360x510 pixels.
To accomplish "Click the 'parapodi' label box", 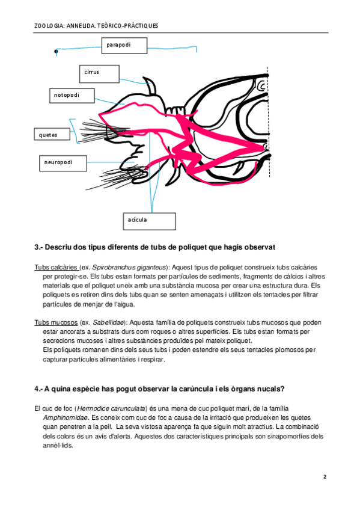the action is [x=124, y=45].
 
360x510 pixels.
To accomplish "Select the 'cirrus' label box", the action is [x=99, y=74].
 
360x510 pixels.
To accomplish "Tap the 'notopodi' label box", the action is [x=72, y=96].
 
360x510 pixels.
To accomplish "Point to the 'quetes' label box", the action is [x=52, y=134].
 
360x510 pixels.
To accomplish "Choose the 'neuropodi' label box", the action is [x=63, y=163].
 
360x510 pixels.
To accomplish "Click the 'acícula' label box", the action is [x=150, y=221].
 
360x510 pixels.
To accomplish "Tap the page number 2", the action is [x=325, y=477].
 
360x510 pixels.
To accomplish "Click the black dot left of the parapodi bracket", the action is [x=56, y=51].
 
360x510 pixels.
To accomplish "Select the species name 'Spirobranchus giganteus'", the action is [x=129, y=268].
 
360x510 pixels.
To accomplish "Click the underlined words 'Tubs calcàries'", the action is [x=55, y=268].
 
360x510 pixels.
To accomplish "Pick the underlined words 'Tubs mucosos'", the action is [x=56, y=322].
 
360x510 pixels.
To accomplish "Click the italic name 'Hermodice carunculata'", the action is [x=111, y=408].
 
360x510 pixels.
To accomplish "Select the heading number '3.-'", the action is [x=38, y=247].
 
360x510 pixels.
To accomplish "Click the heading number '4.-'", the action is [x=38, y=389].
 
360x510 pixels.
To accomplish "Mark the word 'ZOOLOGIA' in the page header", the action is [x=49, y=26].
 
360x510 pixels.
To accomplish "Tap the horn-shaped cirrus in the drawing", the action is [x=150, y=85].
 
